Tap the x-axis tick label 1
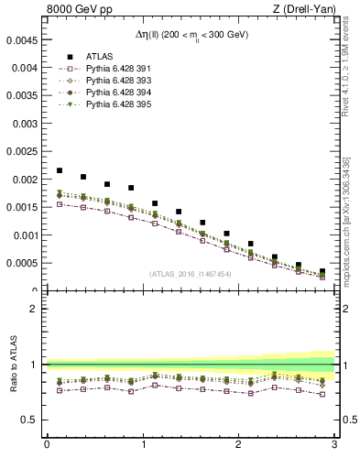[x=142, y=446]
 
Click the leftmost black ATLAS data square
[x=60, y=170]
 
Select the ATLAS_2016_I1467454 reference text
[x=190, y=273]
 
